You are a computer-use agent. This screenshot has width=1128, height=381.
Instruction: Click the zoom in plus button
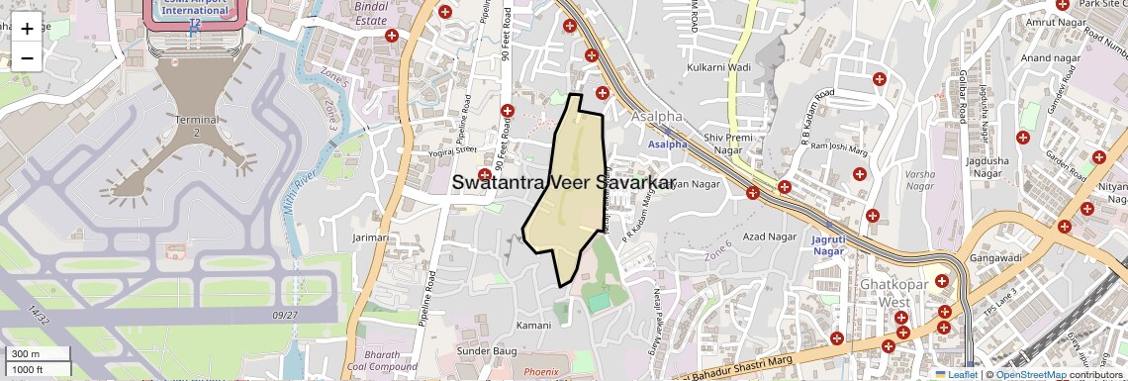27,29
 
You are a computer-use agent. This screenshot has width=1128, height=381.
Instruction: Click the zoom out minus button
27,57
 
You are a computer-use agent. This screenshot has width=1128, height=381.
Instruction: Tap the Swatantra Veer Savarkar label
563,182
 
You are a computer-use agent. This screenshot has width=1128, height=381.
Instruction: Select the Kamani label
533,325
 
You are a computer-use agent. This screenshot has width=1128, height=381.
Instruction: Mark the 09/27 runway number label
284,315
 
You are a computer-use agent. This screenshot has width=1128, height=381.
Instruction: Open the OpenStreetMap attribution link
1030,375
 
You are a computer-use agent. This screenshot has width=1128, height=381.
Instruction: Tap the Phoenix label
541,372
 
